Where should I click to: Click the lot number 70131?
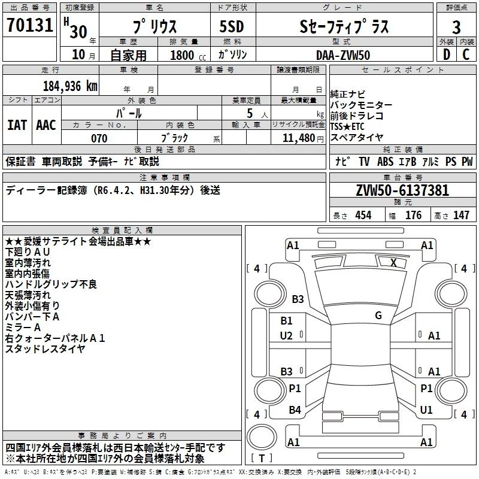click(x=30, y=25)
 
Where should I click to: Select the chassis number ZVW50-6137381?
click(x=402, y=191)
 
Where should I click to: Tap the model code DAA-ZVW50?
click(x=343, y=54)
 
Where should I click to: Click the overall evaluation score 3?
click(x=456, y=28)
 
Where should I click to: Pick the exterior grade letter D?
click(x=446, y=54)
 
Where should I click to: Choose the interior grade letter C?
click(x=466, y=54)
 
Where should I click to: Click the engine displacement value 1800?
click(x=183, y=54)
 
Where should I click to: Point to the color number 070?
click(x=99, y=138)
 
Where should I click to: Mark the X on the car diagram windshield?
click(x=393, y=262)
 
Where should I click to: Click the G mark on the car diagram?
click(x=378, y=316)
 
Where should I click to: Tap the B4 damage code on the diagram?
click(x=295, y=410)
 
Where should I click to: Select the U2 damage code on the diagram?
click(x=286, y=336)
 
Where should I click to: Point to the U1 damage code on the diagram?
click(x=426, y=410)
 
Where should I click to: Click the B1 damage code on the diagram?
click(x=286, y=321)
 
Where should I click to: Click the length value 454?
click(x=363, y=216)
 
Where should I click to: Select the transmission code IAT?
click(x=17, y=125)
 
